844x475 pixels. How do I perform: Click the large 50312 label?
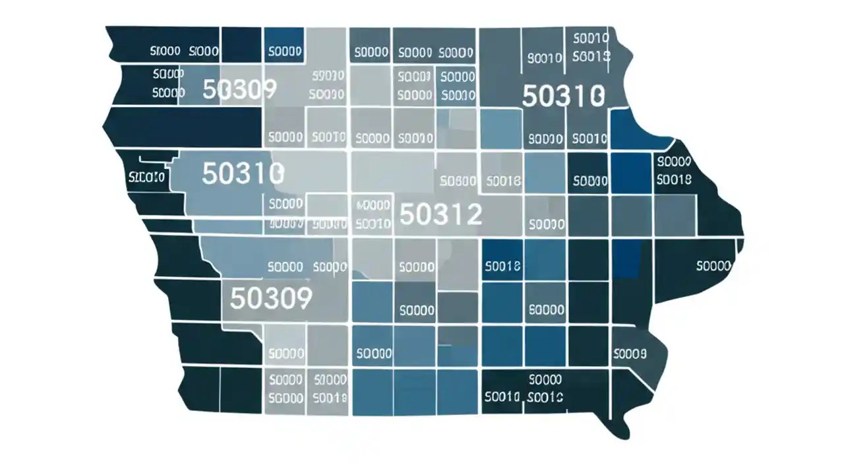point(440,214)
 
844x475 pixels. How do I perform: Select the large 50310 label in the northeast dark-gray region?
point(562,96)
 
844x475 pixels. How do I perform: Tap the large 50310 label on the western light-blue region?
point(243,174)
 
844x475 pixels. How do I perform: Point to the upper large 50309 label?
point(239,89)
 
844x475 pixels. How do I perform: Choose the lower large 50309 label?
point(270,299)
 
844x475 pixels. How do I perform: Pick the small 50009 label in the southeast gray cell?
point(630,354)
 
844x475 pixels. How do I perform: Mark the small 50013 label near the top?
point(591,57)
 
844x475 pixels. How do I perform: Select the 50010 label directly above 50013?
point(591,38)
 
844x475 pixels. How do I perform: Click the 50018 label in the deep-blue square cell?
point(502,267)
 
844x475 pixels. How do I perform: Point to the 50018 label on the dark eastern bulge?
point(674,179)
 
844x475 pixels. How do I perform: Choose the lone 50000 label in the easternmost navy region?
point(713,267)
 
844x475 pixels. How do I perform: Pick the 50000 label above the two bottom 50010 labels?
point(545,380)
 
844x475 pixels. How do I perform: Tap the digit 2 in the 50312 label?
point(473,214)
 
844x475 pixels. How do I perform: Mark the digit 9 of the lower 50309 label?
point(303,299)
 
